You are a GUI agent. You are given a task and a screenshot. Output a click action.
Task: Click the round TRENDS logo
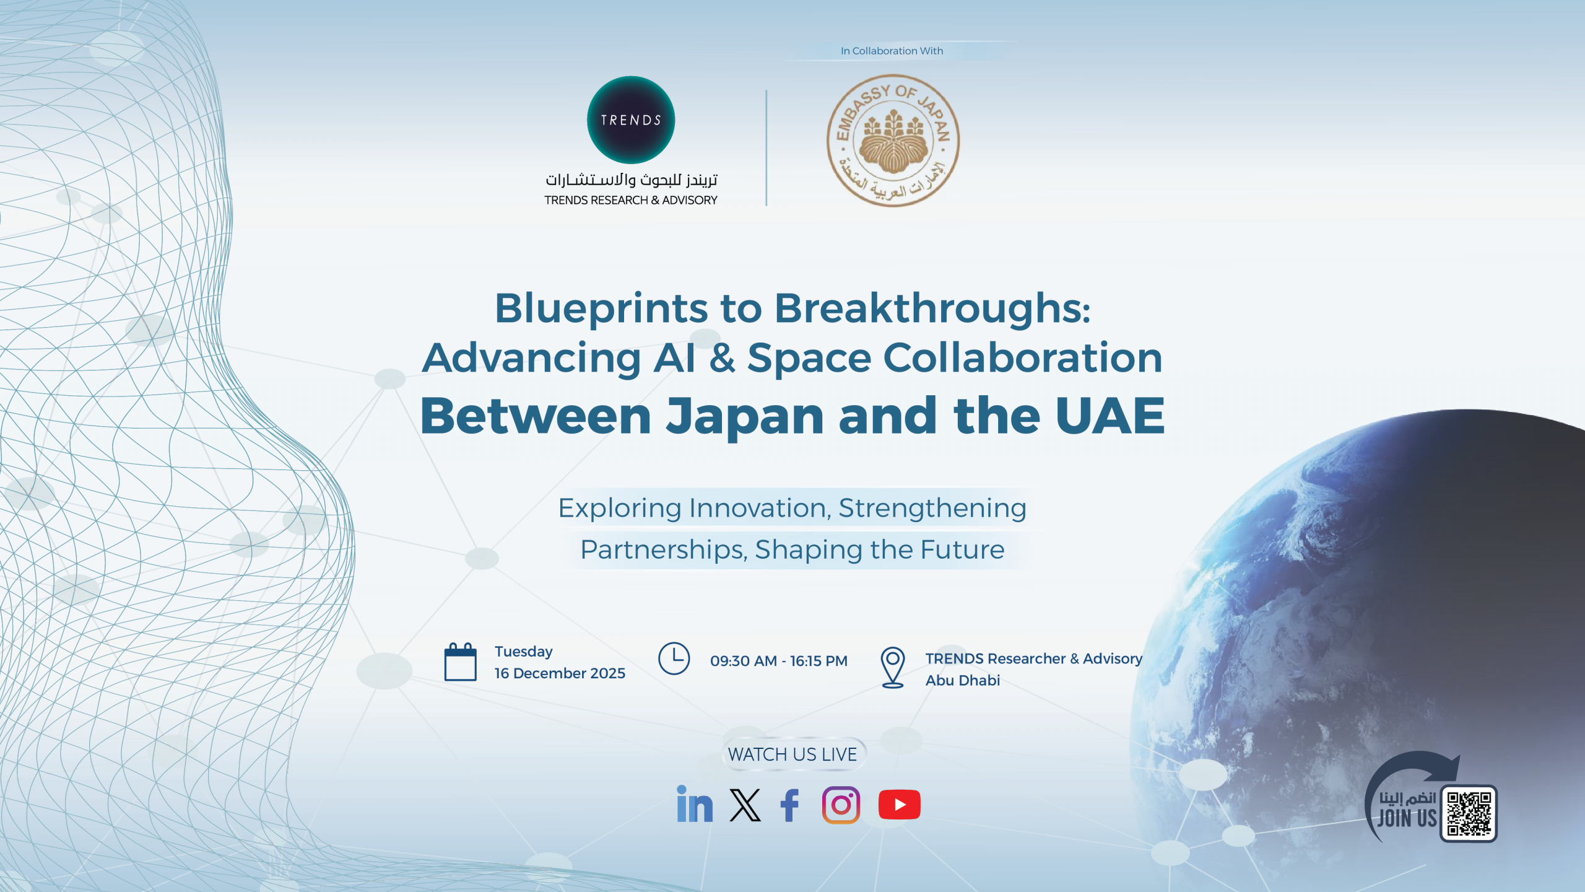631,120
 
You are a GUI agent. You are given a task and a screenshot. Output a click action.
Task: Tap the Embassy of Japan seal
893,141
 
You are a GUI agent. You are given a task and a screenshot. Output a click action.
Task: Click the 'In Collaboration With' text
892,51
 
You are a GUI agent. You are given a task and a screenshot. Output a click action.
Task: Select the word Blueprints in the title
601,308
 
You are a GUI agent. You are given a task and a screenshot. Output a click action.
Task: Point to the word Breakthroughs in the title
932,308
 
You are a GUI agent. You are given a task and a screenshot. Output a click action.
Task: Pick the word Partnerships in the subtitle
664,550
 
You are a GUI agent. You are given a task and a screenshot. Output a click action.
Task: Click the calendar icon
461,662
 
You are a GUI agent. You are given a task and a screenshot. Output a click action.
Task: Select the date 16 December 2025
560,673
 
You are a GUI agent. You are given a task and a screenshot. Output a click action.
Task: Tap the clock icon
674,658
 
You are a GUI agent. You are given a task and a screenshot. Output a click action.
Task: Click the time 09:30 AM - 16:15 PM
779,661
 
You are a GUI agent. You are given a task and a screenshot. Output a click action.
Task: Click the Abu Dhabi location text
963,680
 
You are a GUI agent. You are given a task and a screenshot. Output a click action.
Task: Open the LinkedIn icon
695,804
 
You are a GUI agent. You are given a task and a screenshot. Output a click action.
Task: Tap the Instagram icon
841,805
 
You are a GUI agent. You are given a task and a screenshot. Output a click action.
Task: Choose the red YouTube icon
900,805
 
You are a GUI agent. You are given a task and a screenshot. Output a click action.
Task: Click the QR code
1469,814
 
